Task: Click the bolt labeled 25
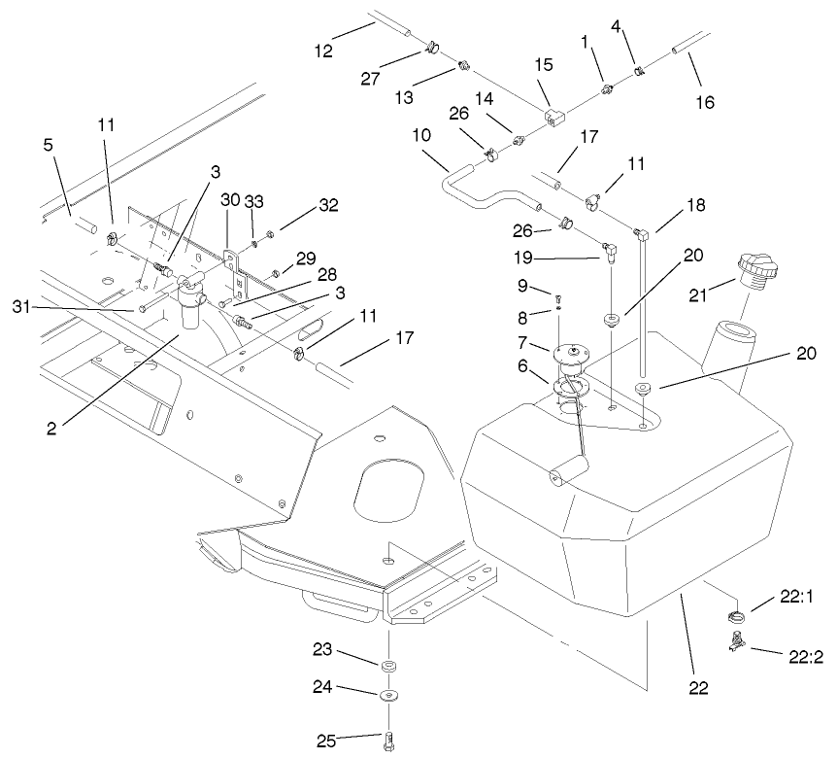click(x=388, y=740)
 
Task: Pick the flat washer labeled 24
click(x=388, y=696)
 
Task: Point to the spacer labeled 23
click(x=388, y=666)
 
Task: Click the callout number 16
click(x=705, y=101)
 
